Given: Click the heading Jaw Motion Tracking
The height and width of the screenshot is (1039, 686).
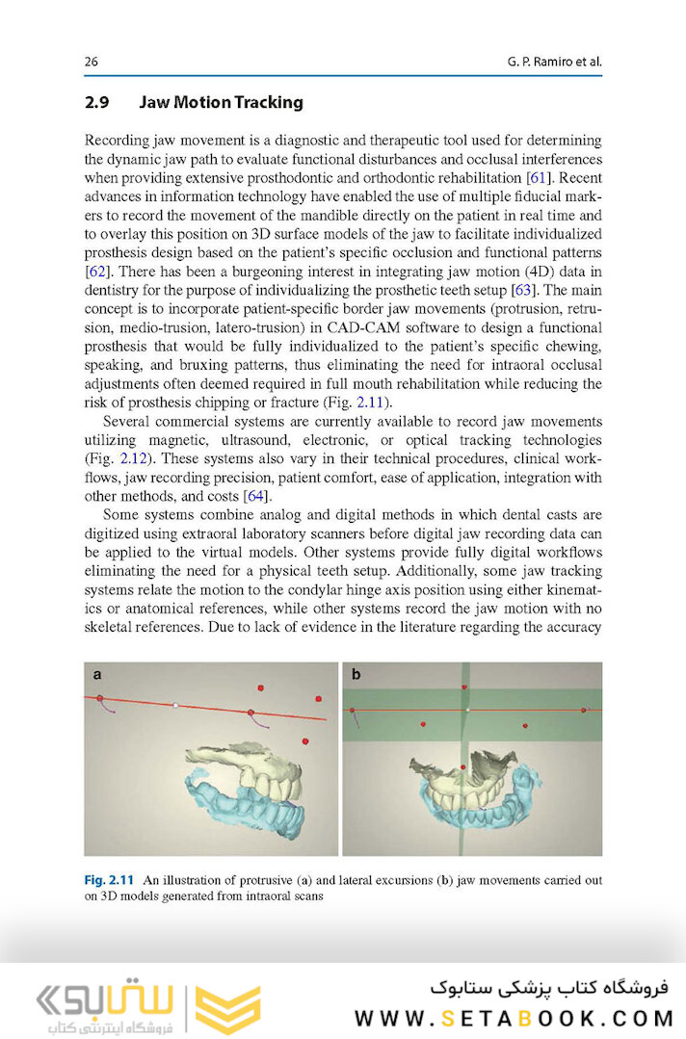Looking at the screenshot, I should click(x=221, y=102).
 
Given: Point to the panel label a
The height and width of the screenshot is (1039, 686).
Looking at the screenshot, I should click(x=97, y=675).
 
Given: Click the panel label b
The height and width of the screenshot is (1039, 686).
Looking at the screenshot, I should click(x=356, y=675).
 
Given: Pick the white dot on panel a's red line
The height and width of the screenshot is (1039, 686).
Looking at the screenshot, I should click(x=175, y=705).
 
